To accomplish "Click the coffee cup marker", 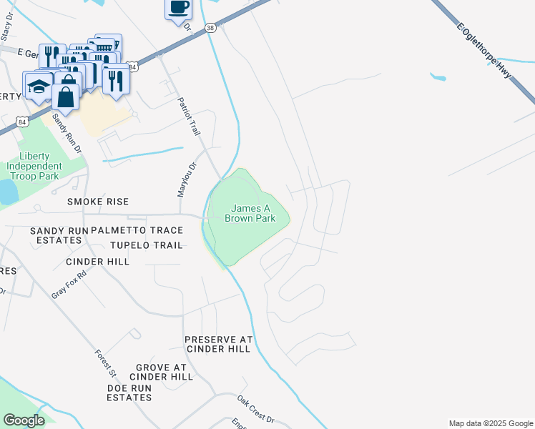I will (179, 9).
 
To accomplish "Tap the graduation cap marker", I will (38, 87).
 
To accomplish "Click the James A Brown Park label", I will (250, 213).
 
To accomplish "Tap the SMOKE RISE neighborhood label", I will (97, 202).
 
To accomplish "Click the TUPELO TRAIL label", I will (146, 245).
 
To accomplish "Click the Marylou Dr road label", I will (182, 179).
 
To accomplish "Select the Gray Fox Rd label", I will (69, 285).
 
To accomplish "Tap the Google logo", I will (24, 420).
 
